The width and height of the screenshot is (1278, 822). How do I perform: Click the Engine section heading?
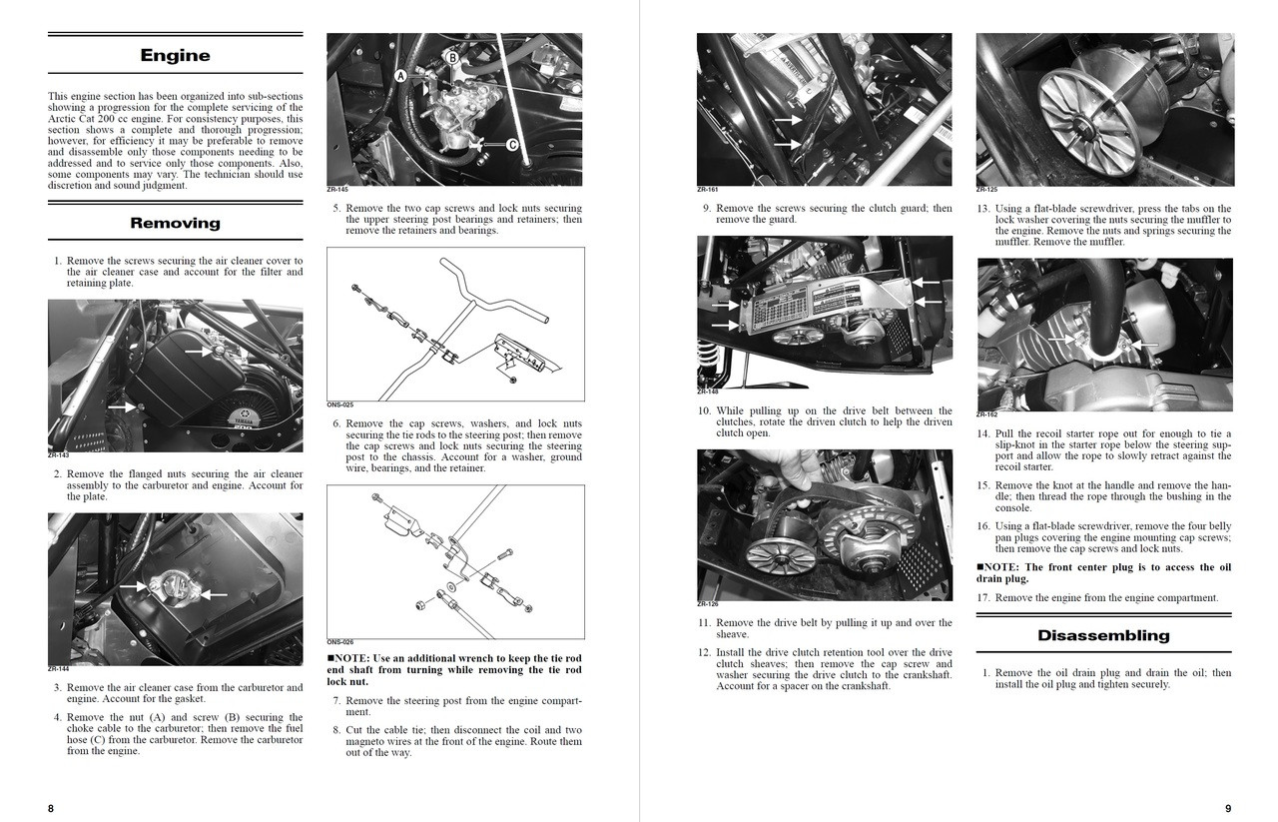pos(175,55)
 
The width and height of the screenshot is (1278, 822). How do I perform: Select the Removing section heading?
pos(175,223)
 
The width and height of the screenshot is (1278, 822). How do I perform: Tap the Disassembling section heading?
pos(1103,635)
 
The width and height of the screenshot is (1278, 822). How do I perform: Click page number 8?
pos(51,808)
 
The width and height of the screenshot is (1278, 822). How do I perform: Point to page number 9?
pos(1228,808)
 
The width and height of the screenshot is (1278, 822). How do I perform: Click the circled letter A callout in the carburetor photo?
pos(400,76)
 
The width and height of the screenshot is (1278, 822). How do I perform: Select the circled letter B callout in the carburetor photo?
pos(452,58)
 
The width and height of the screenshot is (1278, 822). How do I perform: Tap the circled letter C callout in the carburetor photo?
pos(512,145)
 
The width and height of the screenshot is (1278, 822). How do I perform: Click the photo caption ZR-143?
pos(58,455)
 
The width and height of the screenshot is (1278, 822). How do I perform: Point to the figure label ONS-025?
pos(339,405)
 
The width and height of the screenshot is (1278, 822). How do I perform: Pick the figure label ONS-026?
pos(339,642)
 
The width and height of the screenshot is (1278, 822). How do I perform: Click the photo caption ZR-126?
pos(708,604)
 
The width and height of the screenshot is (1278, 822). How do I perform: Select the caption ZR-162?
pos(986,414)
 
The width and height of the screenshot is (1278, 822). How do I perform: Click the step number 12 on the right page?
pos(704,653)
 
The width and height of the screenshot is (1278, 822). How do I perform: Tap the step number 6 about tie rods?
pos(336,424)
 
